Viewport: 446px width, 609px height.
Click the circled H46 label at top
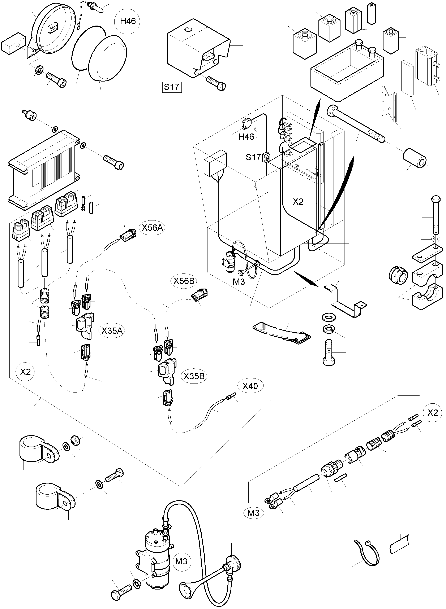click(x=128, y=21)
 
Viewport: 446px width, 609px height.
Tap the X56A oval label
click(x=153, y=228)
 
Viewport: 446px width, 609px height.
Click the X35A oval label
click(x=112, y=331)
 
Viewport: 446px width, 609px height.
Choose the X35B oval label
click(x=194, y=376)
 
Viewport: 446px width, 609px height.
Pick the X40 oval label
click(x=250, y=386)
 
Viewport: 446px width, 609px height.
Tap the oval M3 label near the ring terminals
click(x=253, y=513)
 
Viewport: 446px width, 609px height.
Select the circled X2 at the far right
click(x=433, y=413)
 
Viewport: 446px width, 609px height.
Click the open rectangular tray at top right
click(x=347, y=70)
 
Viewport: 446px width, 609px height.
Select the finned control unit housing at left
click(x=43, y=170)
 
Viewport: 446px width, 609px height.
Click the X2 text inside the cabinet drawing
click(x=298, y=202)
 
